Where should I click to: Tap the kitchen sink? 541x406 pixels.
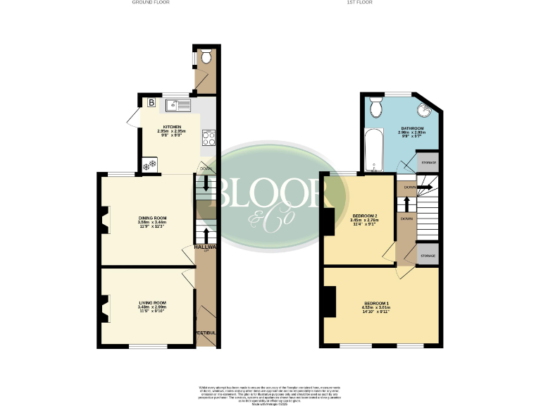click(x=178, y=106)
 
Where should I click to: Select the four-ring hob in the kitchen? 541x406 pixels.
click(x=209, y=137)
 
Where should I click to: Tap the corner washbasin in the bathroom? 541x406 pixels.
click(x=424, y=109)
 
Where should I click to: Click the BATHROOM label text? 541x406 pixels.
click(x=412, y=128)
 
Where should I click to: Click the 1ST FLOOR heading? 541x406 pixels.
click(x=359, y=3)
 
